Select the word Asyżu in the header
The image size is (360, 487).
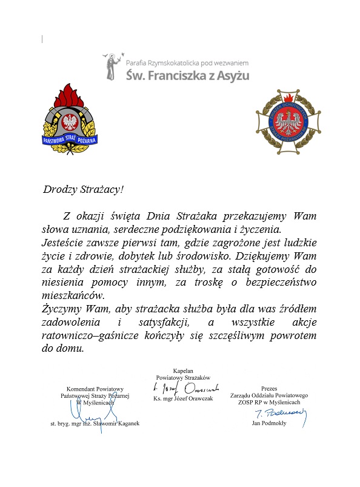click(232, 76)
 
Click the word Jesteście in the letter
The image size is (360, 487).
click(62, 242)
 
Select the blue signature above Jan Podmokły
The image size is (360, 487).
click(280, 414)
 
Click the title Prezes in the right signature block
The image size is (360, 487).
click(269, 388)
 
